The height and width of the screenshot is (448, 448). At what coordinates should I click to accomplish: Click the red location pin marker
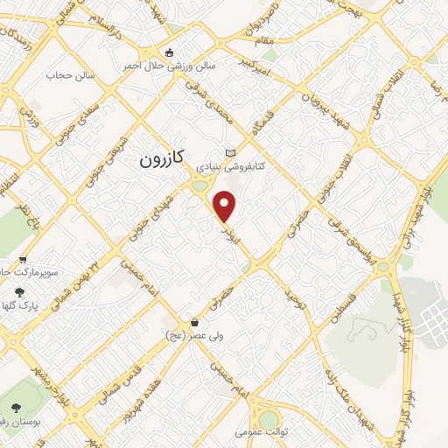coord(226,206)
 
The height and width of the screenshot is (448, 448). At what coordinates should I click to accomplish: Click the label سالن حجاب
coord(65,75)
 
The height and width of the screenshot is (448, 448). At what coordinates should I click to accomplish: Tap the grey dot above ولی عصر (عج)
coord(175,321)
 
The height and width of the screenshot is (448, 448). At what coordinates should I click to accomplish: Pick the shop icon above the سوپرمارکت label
coord(23,260)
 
